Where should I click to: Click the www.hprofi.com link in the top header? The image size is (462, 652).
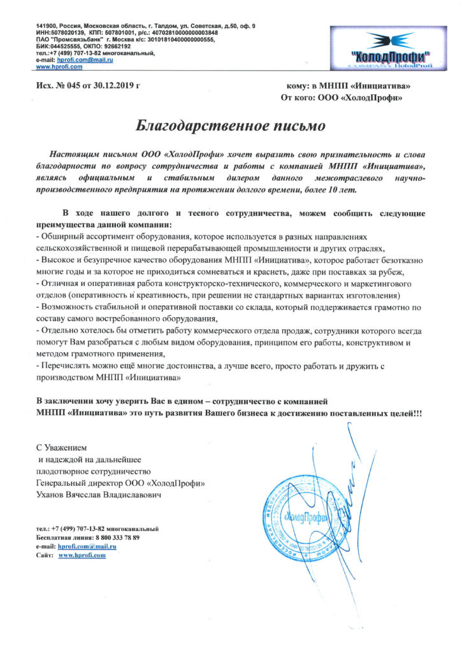click(57, 66)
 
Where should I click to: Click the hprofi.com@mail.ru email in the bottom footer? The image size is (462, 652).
click(85, 546)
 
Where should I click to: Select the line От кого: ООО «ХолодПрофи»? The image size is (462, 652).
click(342, 98)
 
